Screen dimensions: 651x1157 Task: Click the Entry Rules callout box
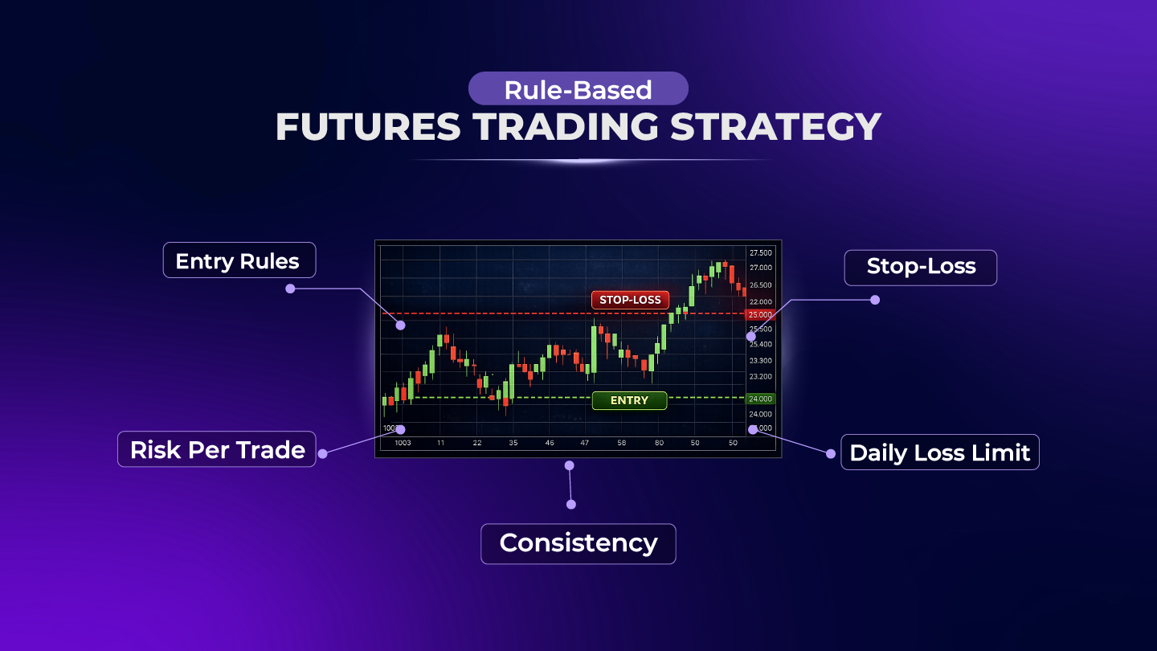[239, 260]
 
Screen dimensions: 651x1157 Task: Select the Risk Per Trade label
[217, 449]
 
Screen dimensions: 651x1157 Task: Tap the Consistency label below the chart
[578, 543]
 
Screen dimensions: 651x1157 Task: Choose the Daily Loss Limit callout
[939, 452]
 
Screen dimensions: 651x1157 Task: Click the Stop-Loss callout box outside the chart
[920, 267]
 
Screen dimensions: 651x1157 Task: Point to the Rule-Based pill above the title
[578, 89]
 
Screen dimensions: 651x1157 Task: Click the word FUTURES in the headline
[368, 127]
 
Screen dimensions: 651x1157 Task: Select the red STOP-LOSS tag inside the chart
[630, 300]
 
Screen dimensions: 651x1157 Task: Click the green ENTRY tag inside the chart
[629, 400]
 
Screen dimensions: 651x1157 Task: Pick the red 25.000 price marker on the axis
[760, 314]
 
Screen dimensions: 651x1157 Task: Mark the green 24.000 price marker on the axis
[760, 399]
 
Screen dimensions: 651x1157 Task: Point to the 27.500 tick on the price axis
[760, 252]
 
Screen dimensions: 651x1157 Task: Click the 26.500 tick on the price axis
[760, 285]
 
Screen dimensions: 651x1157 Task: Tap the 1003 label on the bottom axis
[403, 443]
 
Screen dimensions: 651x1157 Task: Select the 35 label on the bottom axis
[513, 443]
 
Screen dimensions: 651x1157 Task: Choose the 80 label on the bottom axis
[659, 443]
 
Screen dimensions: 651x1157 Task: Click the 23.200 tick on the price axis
[760, 376]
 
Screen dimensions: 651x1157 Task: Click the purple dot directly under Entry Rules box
[290, 288]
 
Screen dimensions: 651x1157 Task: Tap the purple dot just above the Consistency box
[570, 504]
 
